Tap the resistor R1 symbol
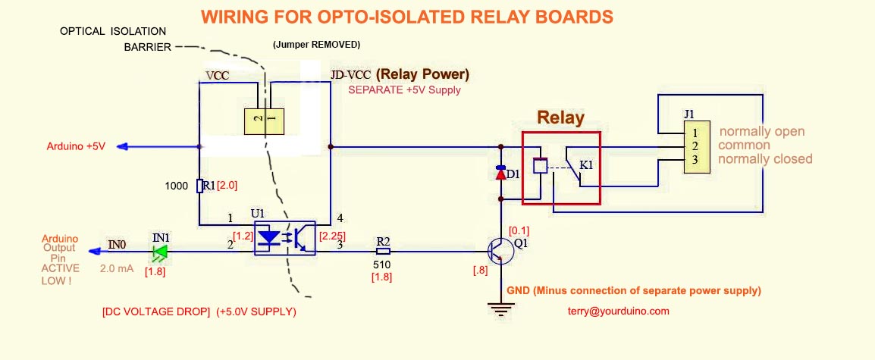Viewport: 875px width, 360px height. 199,185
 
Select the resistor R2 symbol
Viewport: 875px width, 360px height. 384,251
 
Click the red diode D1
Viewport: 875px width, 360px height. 500,174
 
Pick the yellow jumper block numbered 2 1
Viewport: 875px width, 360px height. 264,120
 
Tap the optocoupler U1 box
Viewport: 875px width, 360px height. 284,238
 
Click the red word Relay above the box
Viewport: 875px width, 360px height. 560,117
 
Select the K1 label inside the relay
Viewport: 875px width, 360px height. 587,164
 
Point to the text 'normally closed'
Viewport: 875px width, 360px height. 765,159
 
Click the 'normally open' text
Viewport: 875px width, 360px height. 762,131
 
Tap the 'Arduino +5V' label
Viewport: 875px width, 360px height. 76,146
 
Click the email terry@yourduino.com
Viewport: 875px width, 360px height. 618,311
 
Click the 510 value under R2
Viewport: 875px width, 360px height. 381,265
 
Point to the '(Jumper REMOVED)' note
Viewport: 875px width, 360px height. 316,45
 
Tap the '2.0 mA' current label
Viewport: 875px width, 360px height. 117,268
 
